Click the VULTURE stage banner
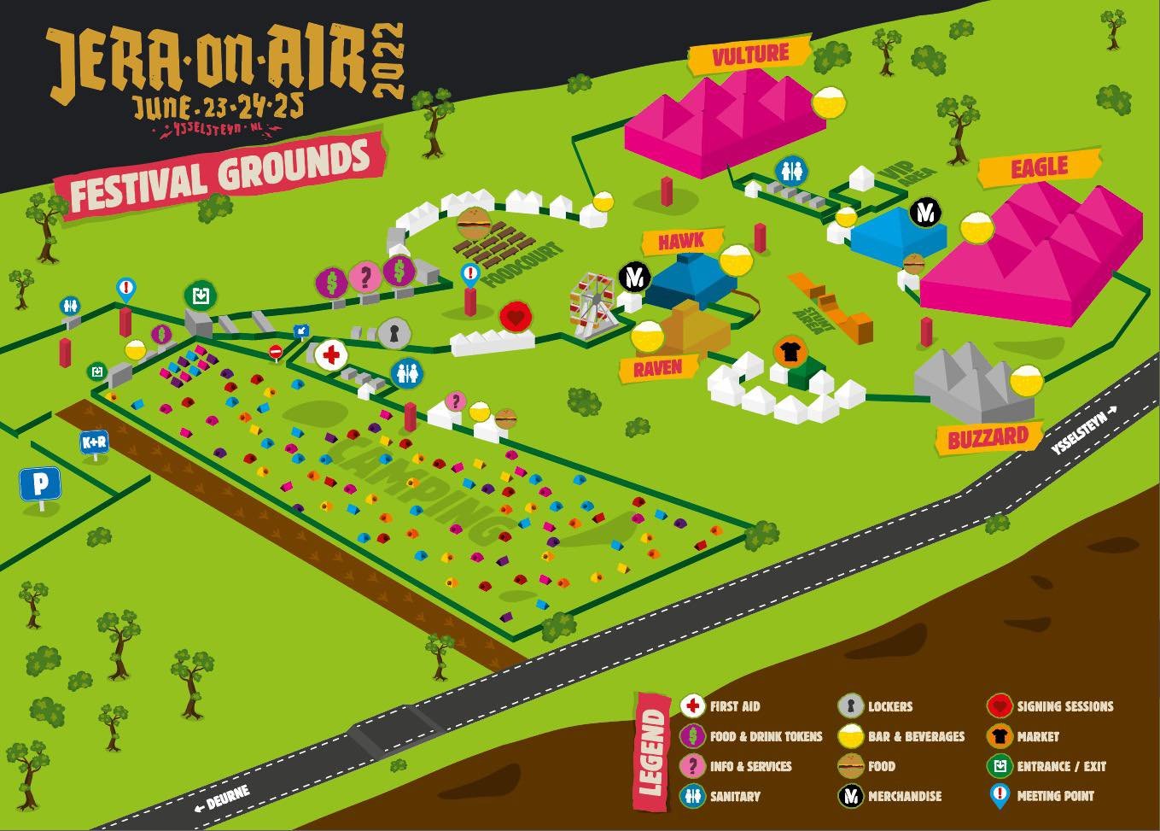pyautogui.click(x=750, y=54)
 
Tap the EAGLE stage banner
pyautogui.click(x=1039, y=168)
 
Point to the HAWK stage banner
pyautogui.click(x=680, y=242)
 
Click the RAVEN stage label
pyautogui.click(x=657, y=368)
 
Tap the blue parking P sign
pyautogui.click(x=40, y=484)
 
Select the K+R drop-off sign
pyautogui.click(x=94, y=442)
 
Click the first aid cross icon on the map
pyautogui.click(x=330, y=354)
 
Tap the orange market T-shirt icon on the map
pyautogui.click(x=789, y=351)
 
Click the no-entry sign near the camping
pyautogui.click(x=276, y=351)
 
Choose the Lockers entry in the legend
pyautogui.click(x=889, y=706)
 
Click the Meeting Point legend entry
pyautogui.click(x=1054, y=796)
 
